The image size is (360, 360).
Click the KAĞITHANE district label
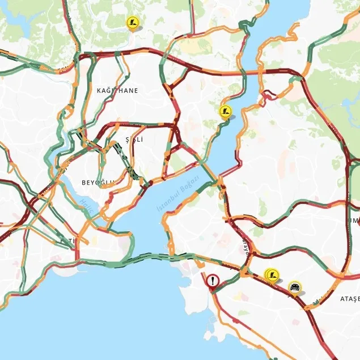117,90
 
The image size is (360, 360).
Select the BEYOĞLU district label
98,182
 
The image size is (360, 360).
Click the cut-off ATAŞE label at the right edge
349,298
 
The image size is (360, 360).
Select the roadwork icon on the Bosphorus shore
225,111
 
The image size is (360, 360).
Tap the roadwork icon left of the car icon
273,275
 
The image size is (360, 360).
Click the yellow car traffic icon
294,287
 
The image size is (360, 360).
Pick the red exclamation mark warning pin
213,281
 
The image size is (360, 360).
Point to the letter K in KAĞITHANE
99,90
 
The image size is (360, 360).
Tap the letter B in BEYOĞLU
84,182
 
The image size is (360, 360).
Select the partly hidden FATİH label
68,242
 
